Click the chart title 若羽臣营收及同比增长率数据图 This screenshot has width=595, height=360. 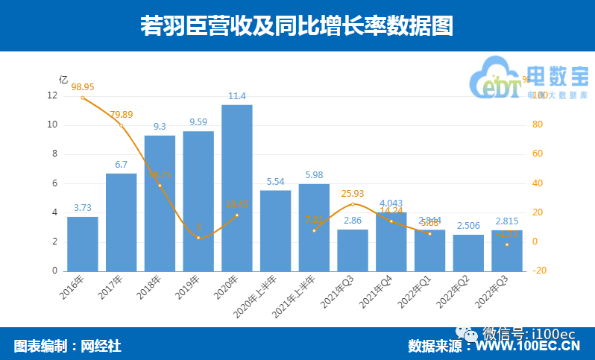tap(297, 27)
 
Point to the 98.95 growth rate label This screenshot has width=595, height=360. tap(82, 86)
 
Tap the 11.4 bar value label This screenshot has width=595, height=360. tap(236, 95)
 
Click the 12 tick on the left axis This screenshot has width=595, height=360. tap(51, 95)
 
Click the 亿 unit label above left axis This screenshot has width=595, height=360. tap(63, 79)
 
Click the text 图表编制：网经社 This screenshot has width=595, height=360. tap(67, 346)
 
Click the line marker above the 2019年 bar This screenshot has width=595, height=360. tap(198, 238)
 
